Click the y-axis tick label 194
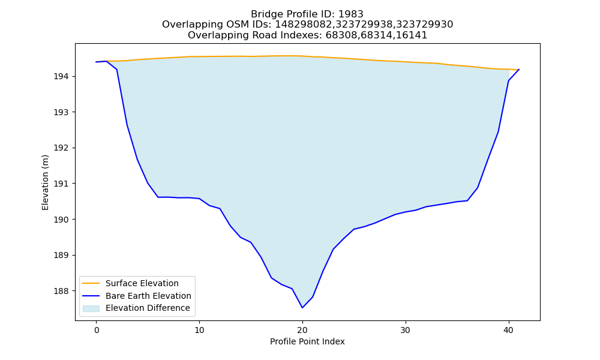[x=61, y=77]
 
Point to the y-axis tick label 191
[x=61, y=184]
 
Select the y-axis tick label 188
[x=61, y=291]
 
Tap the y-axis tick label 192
[x=61, y=148]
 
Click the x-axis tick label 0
[x=97, y=331]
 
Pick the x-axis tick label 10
[x=199, y=331]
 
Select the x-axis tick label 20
[x=302, y=331]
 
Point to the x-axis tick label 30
[x=406, y=331]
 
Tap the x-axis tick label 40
[x=509, y=331]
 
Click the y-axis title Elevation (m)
[x=45, y=182]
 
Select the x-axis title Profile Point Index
[x=307, y=341]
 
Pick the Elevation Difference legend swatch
[x=91, y=308]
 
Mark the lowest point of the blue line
[x=302, y=308]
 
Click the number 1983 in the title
[x=351, y=14]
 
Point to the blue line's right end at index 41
[x=519, y=70]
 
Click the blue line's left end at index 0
[x=96, y=62]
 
